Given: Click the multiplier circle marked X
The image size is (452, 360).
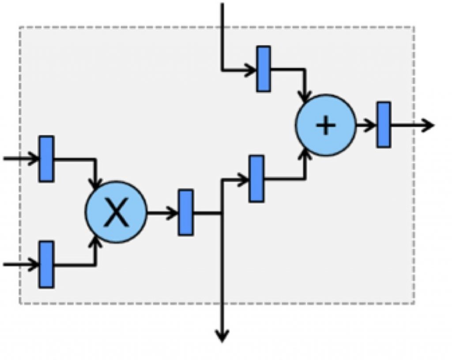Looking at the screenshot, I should pyautogui.click(x=116, y=212).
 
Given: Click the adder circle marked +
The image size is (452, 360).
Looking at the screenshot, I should pyautogui.click(x=325, y=125).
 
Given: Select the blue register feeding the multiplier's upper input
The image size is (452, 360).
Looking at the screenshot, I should pyautogui.click(x=46, y=159).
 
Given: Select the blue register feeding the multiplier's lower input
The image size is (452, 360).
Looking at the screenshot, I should pyautogui.click(x=46, y=264).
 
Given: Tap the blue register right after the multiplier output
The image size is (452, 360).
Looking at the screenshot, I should pyautogui.click(x=185, y=212).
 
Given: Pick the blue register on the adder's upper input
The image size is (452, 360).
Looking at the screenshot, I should pyautogui.click(x=264, y=69).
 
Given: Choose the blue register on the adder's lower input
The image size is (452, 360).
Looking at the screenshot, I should pyautogui.click(x=256, y=179).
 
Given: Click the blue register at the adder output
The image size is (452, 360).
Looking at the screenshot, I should pyautogui.click(x=384, y=125).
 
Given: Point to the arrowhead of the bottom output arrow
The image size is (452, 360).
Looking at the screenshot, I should pyautogui.click(x=222, y=337).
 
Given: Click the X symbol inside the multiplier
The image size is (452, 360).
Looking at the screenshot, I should pyautogui.click(x=116, y=214).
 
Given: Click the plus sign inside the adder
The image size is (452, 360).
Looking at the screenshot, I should pyautogui.click(x=326, y=126).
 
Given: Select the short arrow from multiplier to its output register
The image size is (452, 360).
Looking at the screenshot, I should pyautogui.click(x=162, y=213).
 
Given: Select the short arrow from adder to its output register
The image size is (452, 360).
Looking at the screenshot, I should pyautogui.click(x=365, y=125).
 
